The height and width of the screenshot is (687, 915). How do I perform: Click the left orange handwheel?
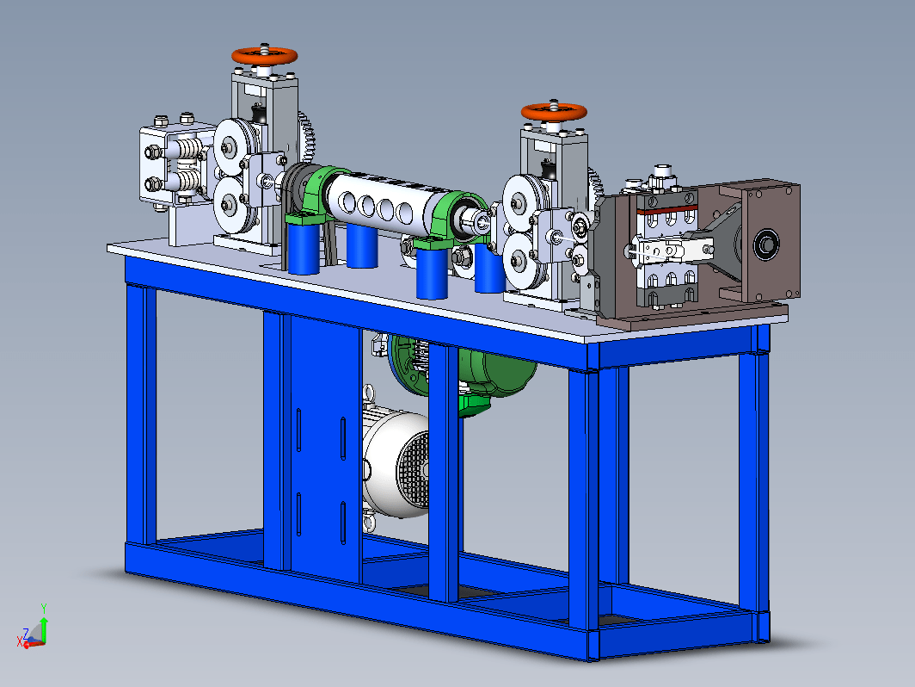click(x=264, y=56)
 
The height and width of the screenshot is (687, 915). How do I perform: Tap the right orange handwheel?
click(x=554, y=112)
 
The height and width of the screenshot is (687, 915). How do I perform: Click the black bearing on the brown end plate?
click(x=765, y=244)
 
